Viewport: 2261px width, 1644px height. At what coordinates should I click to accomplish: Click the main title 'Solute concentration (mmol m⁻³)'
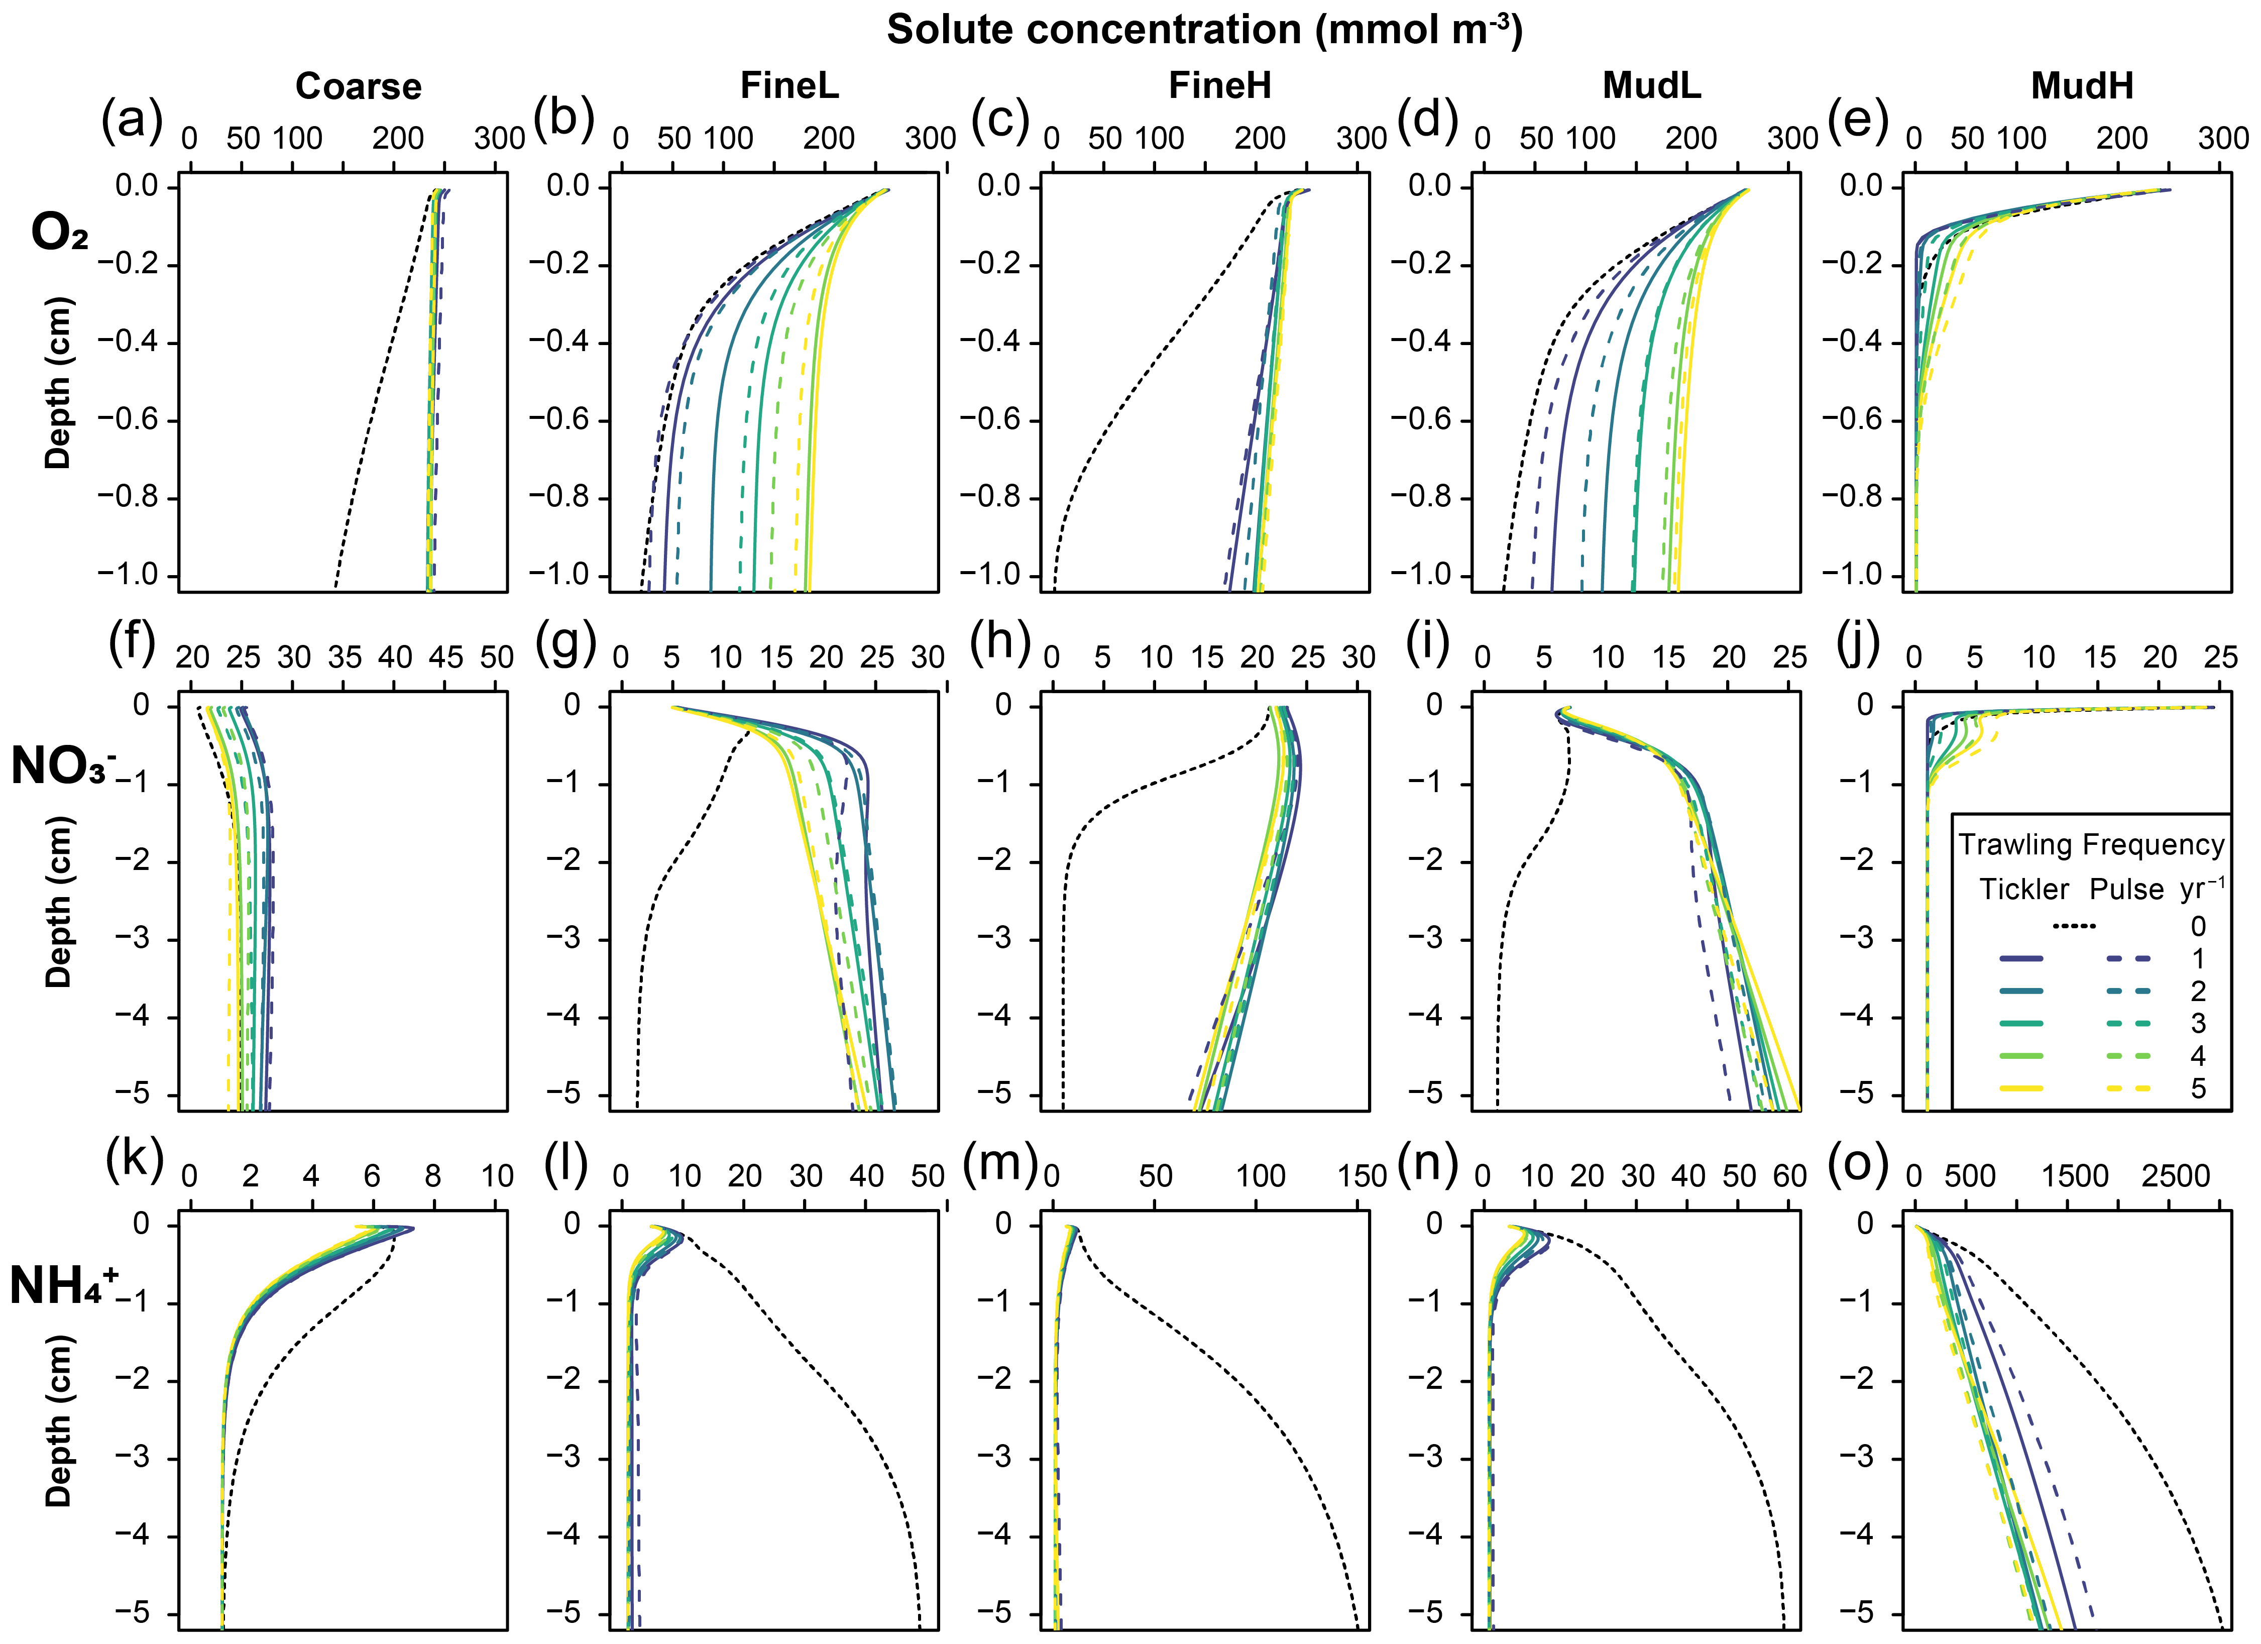tap(1204, 30)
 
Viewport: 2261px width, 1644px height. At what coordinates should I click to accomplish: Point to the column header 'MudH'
tap(2082, 87)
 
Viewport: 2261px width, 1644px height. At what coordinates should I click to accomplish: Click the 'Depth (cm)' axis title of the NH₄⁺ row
tap(58, 1420)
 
